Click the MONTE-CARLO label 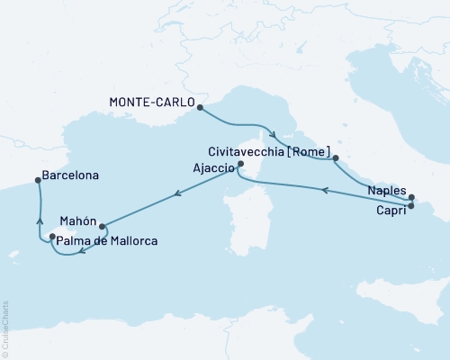point(151,103)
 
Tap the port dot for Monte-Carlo point(199,107)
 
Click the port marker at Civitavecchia point(336,158)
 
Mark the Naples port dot point(411,197)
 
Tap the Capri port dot point(411,206)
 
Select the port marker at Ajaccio point(239,166)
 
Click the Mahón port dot point(102,227)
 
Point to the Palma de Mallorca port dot point(52,237)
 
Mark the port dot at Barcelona point(38,180)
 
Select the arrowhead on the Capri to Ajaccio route point(325,190)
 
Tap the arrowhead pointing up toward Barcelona point(38,217)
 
